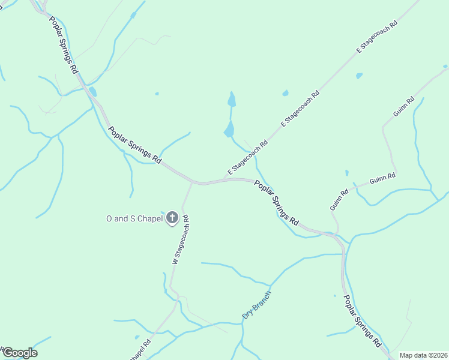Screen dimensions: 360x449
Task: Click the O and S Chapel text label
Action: [x=134, y=219]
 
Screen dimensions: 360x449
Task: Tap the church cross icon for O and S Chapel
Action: [x=172, y=218]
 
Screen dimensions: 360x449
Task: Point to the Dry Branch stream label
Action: [x=257, y=305]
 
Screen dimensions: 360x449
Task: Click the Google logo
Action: [x=20, y=353]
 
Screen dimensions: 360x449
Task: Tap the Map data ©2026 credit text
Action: [x=423, y=355]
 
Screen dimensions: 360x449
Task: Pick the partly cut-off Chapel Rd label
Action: [x=140, y=352]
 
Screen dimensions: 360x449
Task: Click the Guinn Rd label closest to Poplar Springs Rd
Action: [x=339, y=200]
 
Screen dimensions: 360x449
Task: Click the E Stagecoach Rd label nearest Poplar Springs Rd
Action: [x=247, y=158]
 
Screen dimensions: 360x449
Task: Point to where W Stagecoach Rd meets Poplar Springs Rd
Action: [x=191, y=182]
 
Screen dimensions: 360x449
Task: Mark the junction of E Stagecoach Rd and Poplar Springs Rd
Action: [x=226, y=179]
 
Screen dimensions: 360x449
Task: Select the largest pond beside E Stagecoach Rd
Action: [x=229, y=129]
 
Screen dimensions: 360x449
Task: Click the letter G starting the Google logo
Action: [x=8, y=353]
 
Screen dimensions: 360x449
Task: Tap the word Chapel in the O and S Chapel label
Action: [x=150, y=219]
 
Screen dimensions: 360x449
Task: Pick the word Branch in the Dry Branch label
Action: [x=262, y=300]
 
